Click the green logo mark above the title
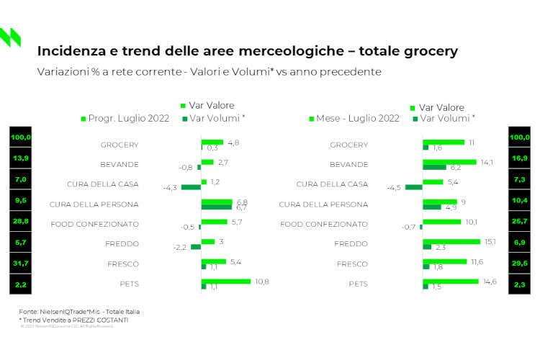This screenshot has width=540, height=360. click(x=10, y=37)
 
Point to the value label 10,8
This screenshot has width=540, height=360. click(x=262, y=281)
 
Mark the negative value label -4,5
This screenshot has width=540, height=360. click(x=395, y=188)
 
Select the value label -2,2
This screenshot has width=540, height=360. click(x=180, y=248)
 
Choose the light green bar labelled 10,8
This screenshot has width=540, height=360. click(x=226, y=282)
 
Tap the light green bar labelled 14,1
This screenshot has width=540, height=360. click(x=449, y=162)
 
